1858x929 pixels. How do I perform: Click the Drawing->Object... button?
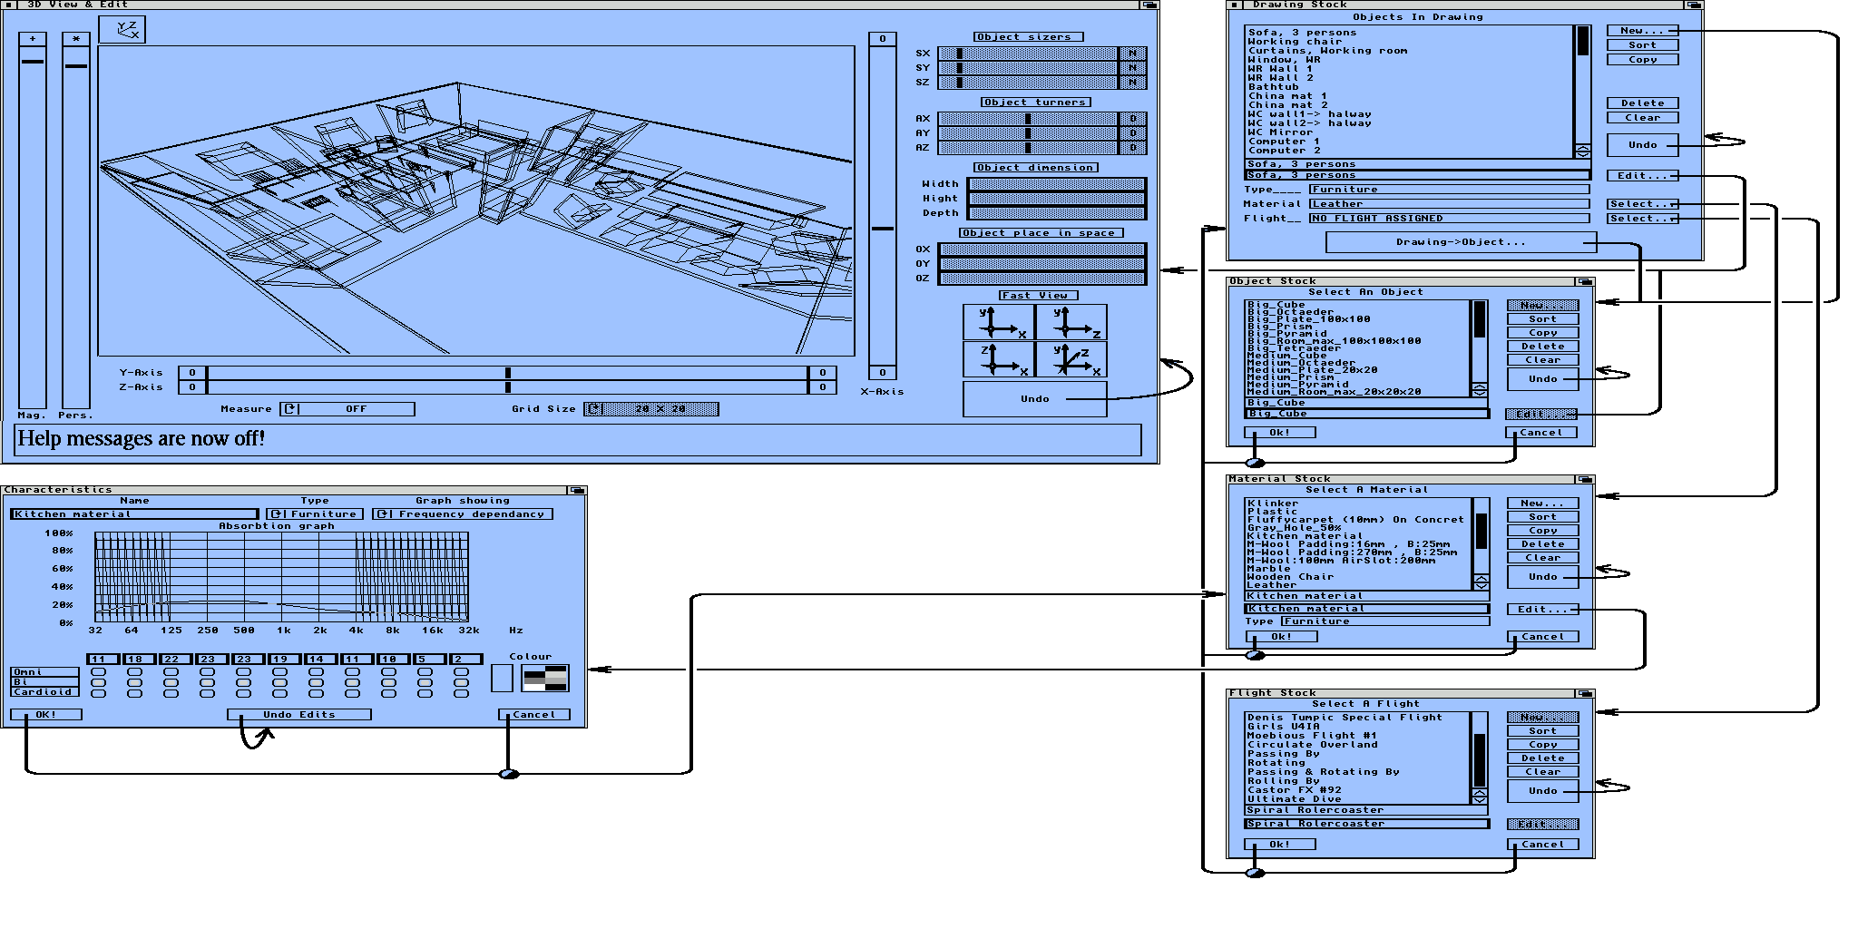click(1460, 242)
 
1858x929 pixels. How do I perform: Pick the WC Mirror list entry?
click(1279, 132)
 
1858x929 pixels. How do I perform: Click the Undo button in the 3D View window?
click(1034, 399)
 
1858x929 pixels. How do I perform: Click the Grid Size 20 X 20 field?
click(651, 409)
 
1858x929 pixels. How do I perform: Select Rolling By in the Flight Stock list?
click(1283, 781)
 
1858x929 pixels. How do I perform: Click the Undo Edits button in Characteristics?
click(298, 715)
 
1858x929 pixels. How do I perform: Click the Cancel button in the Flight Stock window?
click(1542, 845)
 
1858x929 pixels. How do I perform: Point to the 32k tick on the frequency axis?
click(468, 630)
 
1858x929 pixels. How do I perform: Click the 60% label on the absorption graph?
click(62, 569)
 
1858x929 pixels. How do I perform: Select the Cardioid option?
click(44, 692)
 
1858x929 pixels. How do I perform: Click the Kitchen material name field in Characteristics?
click(134, 514)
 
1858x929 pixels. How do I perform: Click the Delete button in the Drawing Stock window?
click(1642, 103)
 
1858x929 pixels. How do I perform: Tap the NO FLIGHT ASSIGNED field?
click(1448, 219)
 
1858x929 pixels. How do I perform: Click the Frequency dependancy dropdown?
click(463, 514)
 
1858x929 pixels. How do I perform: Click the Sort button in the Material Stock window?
click(1542, 517)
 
